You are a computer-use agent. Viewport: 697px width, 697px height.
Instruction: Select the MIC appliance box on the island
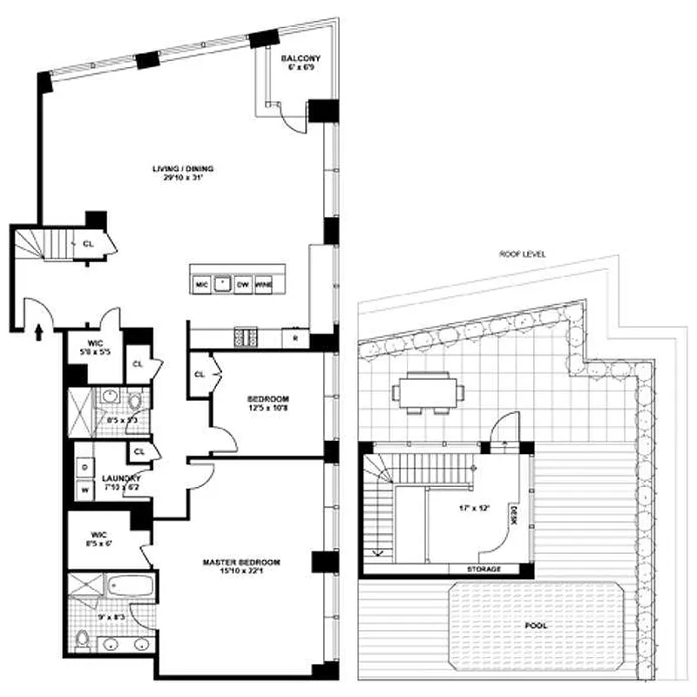click(x=201, y=284)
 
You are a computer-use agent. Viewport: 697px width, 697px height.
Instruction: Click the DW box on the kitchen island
click(x=243, y=284)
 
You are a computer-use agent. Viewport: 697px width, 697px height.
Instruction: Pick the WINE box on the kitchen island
click(x=264, y=284)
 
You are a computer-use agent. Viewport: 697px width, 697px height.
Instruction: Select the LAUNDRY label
click(x=116, y=479)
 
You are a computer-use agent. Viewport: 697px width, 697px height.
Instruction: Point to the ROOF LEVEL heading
click(x=518, y=255)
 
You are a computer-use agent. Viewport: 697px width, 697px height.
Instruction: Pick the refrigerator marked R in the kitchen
click(x=296, y=337)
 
